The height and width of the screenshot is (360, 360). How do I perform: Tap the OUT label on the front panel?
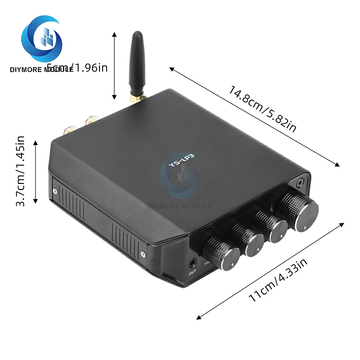point(193,273)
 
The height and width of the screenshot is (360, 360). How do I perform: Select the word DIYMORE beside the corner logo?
point(27,69)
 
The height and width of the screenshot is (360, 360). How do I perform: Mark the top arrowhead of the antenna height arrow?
point(114,34)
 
